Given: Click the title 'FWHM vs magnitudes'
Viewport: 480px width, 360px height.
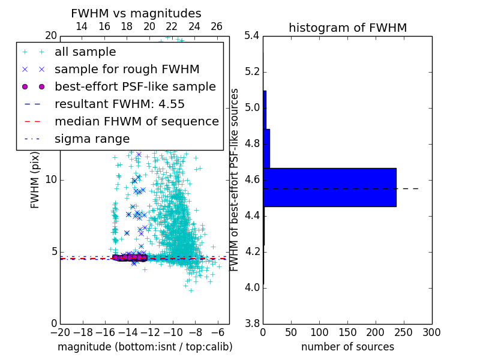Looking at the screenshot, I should point(136,13).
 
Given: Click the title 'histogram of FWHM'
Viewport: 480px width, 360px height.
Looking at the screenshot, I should point(347,28).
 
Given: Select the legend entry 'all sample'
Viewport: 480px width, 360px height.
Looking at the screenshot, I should point(85,52).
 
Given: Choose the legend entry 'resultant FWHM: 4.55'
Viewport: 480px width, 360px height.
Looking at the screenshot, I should point(119,104).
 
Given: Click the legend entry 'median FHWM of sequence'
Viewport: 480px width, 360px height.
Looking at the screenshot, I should point(136,121).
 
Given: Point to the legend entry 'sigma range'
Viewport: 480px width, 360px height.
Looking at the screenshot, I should point(92,139).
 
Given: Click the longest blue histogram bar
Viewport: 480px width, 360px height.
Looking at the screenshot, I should point(329,187).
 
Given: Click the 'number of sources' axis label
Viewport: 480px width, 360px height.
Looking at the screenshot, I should point(347,347).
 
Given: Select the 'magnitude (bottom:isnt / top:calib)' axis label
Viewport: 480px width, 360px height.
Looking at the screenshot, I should point(145,347).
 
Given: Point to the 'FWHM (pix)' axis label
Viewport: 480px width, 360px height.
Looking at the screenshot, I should point(35,180).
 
